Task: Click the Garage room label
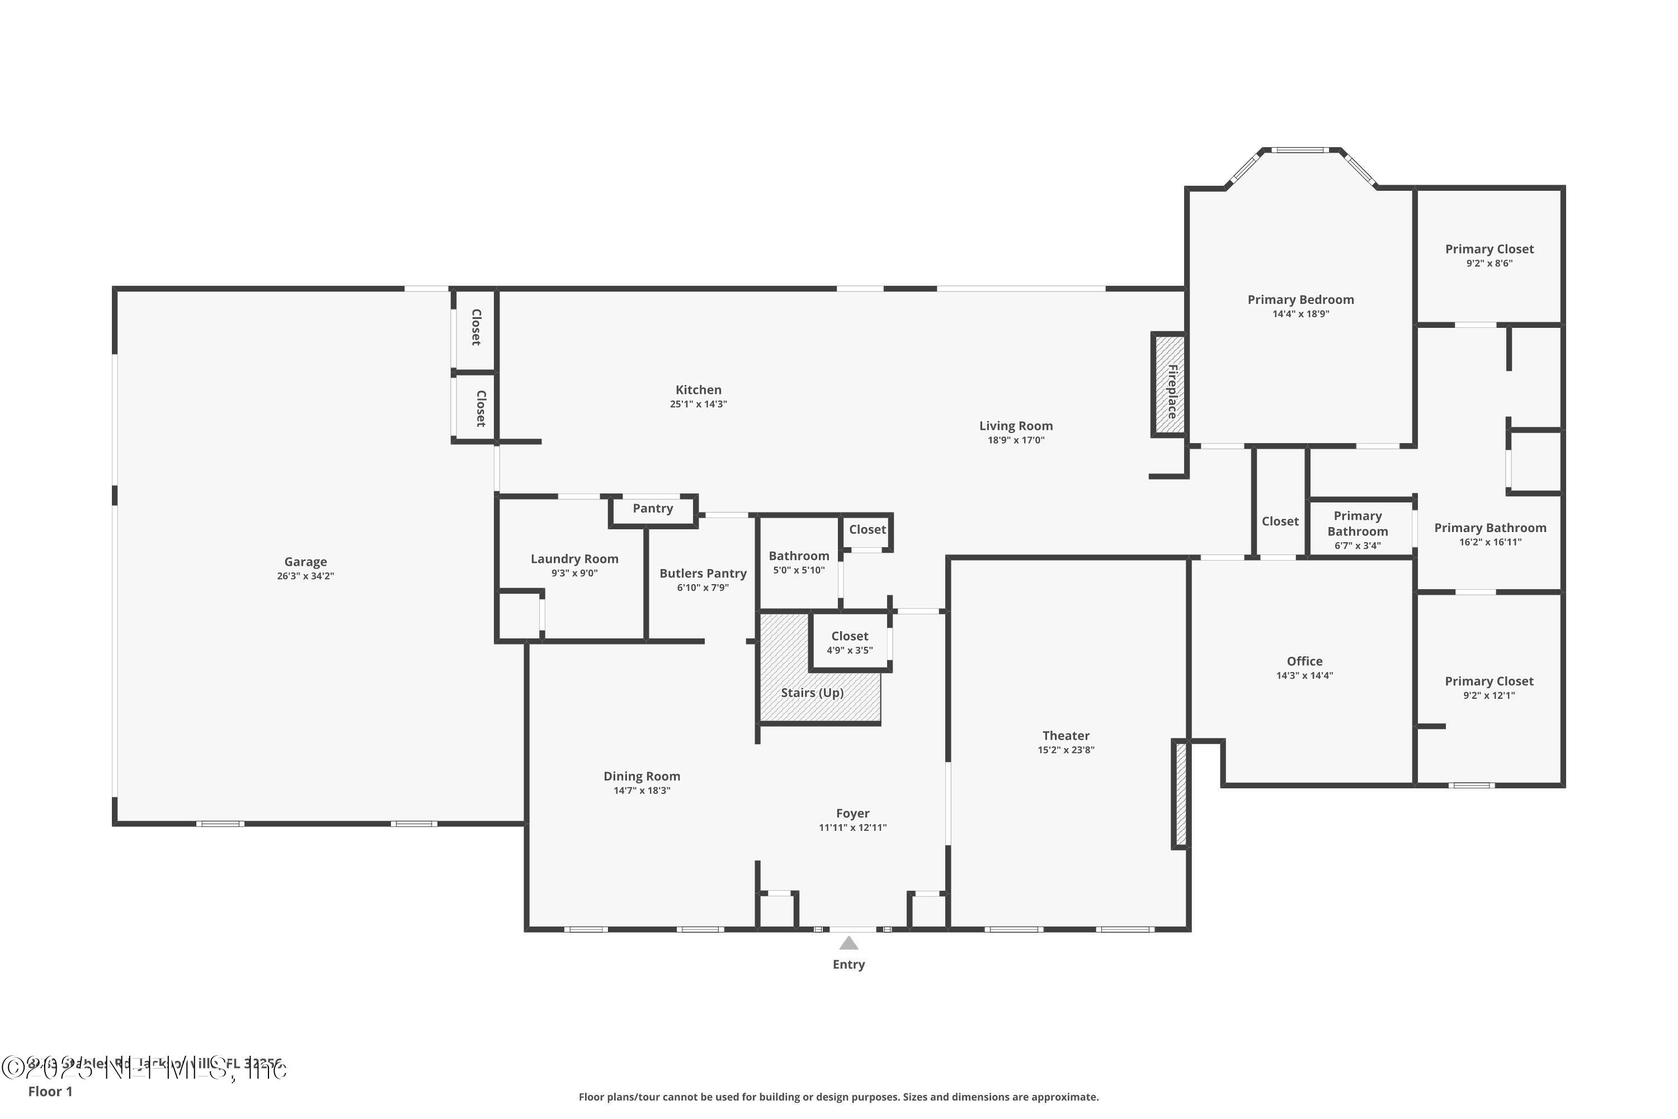coord(305,562)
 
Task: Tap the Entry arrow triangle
coord(849,943)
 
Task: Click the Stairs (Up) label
coord(812,692)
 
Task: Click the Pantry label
coord(652,508)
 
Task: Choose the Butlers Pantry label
coord(703,573)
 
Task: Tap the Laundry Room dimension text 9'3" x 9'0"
coord(574,573)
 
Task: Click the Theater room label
coord(1065,735)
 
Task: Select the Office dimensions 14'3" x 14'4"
coord(1304,675)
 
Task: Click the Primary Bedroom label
coord(1300,300)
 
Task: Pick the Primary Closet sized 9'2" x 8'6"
coord(1489,249)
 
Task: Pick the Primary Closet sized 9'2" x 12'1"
coord(1489,681)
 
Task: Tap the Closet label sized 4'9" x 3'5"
coord(849,636)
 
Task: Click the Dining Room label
coord(642,775)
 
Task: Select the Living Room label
coord(1015,426)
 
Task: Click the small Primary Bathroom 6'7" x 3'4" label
coord(1357,523)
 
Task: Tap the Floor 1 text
coord(50,1091)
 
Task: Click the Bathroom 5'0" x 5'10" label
coord(798,556)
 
